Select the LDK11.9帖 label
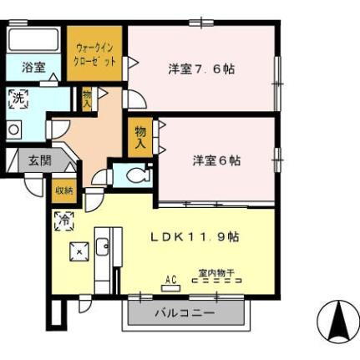coord(195,237)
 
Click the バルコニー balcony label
coord(185,314)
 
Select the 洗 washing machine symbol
coord(18,99)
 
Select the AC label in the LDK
coord(170,280)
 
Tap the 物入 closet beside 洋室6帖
coord(139,137)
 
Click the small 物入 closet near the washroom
coord(88,98)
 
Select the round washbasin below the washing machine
coord(14,129)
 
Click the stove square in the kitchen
coord(79,251)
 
